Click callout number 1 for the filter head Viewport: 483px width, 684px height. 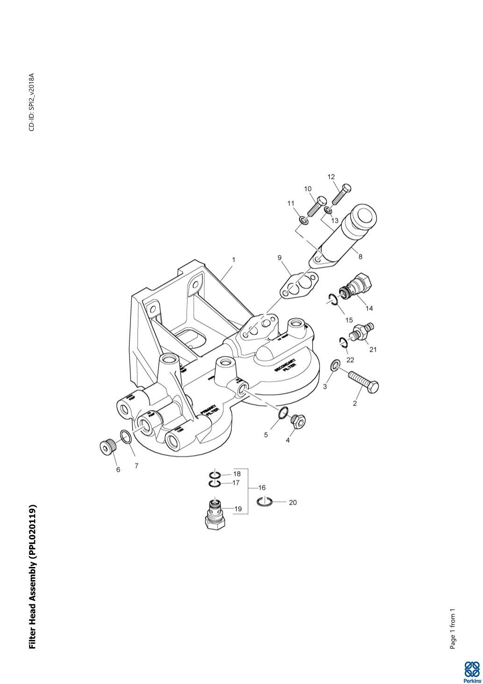coord(233,259)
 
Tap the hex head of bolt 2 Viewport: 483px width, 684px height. coord(373,387)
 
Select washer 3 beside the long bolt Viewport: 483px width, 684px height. coord(335,365)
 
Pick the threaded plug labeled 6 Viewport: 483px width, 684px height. coord(108,447)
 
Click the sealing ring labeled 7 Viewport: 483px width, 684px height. coord(125,437)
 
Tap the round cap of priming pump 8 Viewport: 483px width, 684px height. coord(364,216)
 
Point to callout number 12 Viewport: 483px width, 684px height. coord(331,177)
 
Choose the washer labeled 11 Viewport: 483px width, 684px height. coord(303,220)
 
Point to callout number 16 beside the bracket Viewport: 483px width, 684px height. coord(262,488)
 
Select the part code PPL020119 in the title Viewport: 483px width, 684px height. coord(32,529)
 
